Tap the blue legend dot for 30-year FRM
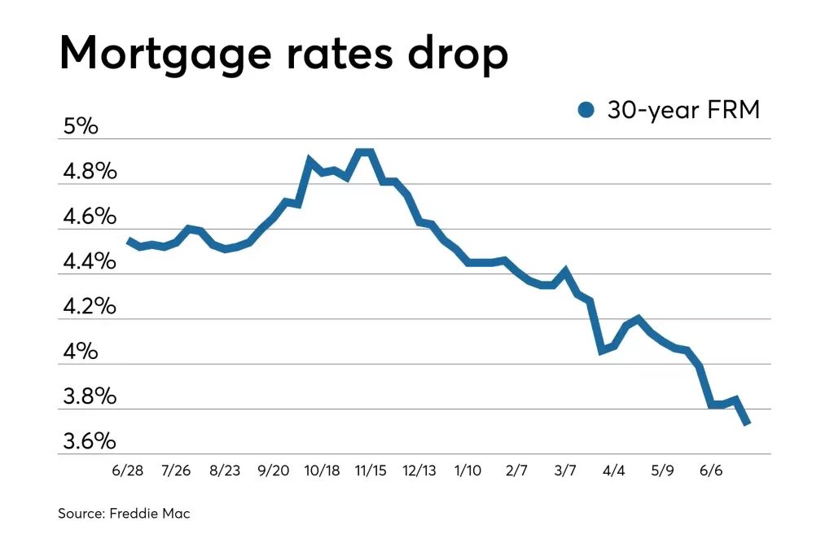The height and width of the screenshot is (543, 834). [x=586, y=110]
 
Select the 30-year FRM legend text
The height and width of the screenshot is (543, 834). [x=683, y=110]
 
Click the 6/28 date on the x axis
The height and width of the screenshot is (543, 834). [x=129, y=471]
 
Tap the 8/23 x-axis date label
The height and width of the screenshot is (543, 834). [x=225, y=471]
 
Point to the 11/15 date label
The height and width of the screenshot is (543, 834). [x=371, y=471]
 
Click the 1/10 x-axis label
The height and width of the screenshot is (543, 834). [x=467, y=471]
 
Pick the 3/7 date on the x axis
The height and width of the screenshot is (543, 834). [x=564, y=471]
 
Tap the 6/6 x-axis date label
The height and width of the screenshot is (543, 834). [x=711, y=471]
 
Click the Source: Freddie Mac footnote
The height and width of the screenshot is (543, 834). [x=124, y=514]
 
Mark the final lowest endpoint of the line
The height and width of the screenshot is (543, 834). [x=747, y=422]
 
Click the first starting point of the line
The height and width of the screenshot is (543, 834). [x=129, y=240]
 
